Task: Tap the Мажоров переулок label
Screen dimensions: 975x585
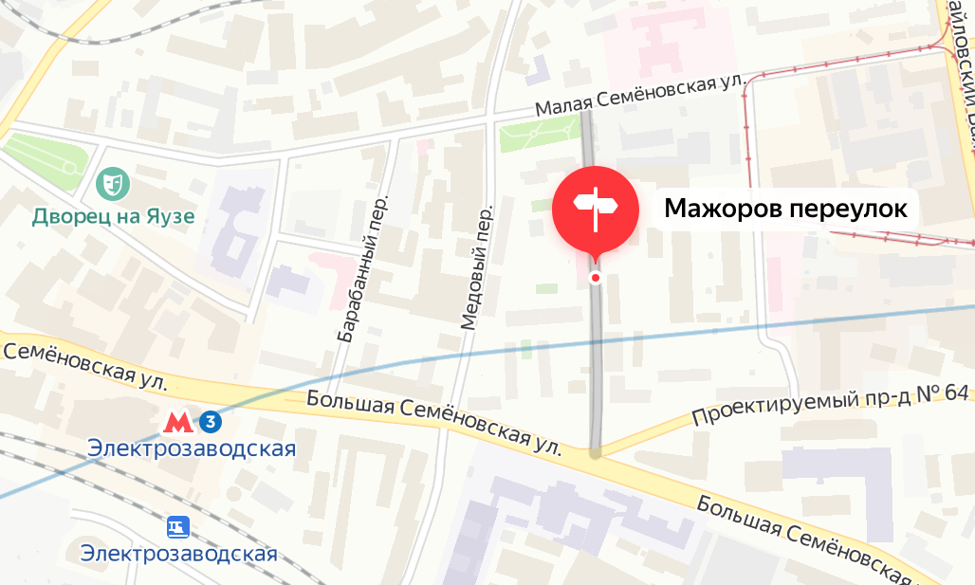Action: coord(785,209)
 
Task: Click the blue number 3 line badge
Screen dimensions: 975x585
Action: coord(211,421)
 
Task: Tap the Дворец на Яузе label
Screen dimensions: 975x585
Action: coord(113,216)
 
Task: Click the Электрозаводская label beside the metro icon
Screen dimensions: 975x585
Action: coord(192,448)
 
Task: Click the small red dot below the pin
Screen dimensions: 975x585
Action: coord(596,278)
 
